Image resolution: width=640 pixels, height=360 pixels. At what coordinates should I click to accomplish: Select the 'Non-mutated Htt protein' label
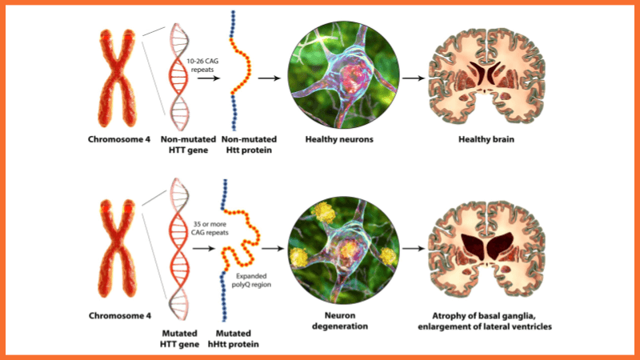[237, 145]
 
